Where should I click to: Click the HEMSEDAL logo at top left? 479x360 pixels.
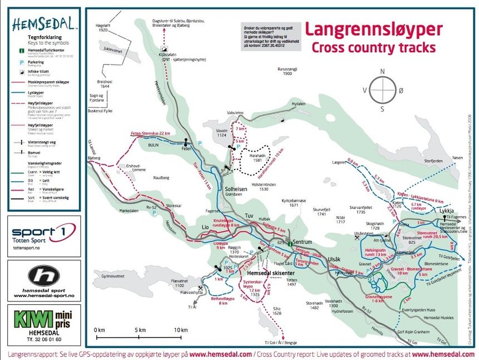tap(44, 24)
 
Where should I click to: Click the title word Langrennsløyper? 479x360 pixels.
tap(374, 30)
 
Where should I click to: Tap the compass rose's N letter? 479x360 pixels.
tap(382, 71)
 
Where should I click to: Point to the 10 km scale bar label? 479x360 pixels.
tap(180, 330)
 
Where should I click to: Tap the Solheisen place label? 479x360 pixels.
tap(239, 189)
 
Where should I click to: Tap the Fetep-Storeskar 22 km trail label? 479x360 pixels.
tap(150, 134)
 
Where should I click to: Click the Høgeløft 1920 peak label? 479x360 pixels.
tap(102, 27)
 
